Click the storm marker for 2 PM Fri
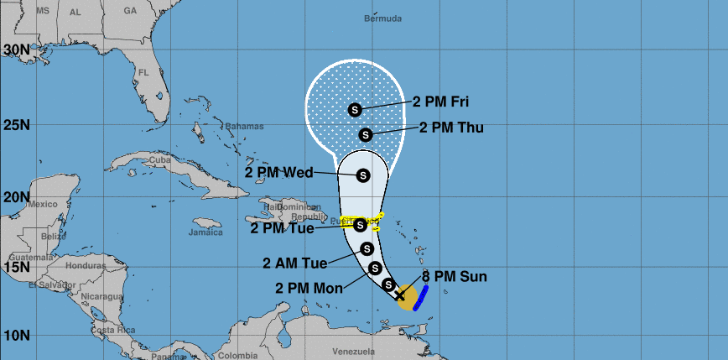[354, 109]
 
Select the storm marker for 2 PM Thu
[366, 134]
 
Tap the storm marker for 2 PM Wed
[363, 175]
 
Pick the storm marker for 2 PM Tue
[360, 224]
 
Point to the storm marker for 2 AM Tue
[367, 248]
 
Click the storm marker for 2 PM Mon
[375, 268]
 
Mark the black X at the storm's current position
[401, 295]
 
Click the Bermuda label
[382, 18]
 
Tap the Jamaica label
[205, 232]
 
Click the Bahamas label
[245, 126]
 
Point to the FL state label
[143, 73]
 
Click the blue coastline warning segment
[421, 297]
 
